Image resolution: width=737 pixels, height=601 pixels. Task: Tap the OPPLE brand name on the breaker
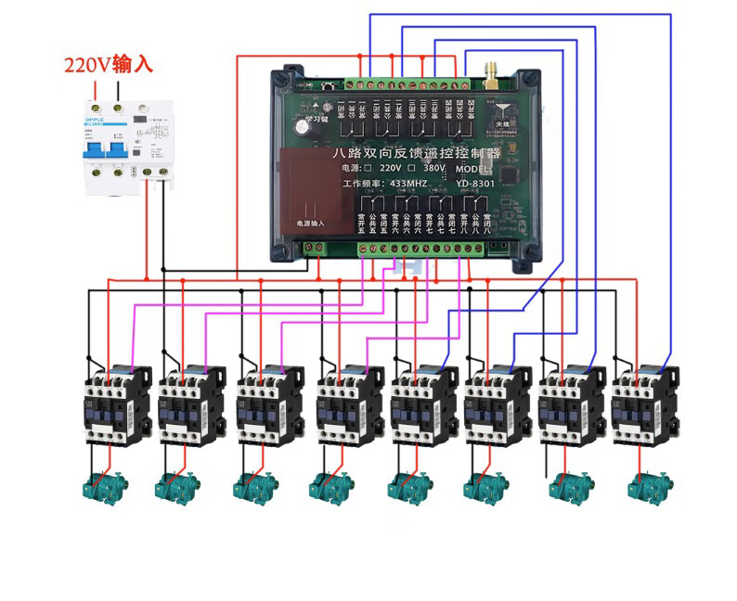click(97, 119)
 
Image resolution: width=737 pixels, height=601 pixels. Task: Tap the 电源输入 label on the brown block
click(312, 224)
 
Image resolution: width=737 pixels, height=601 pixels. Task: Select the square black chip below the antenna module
click(507, 175)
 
